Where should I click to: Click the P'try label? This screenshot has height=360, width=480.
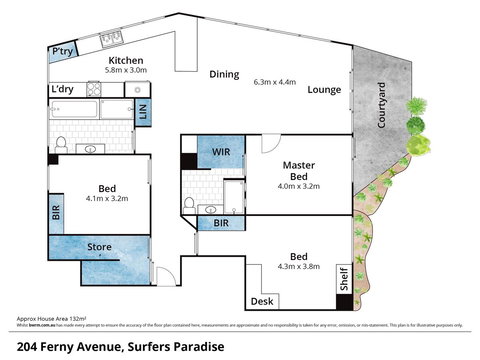[63, 52]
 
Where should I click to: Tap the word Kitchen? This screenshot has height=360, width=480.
[127, 60]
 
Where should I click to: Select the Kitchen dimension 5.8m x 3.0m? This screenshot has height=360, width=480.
[127, 71]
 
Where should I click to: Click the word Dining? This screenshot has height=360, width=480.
[224, 74]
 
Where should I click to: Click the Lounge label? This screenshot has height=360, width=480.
[325, 90]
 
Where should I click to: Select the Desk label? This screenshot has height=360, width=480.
[262, 300]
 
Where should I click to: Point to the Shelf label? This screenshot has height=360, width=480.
[342, 281]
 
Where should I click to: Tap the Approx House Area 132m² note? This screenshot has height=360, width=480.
[52, 317]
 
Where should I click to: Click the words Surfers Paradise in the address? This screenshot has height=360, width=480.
[170, 346]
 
